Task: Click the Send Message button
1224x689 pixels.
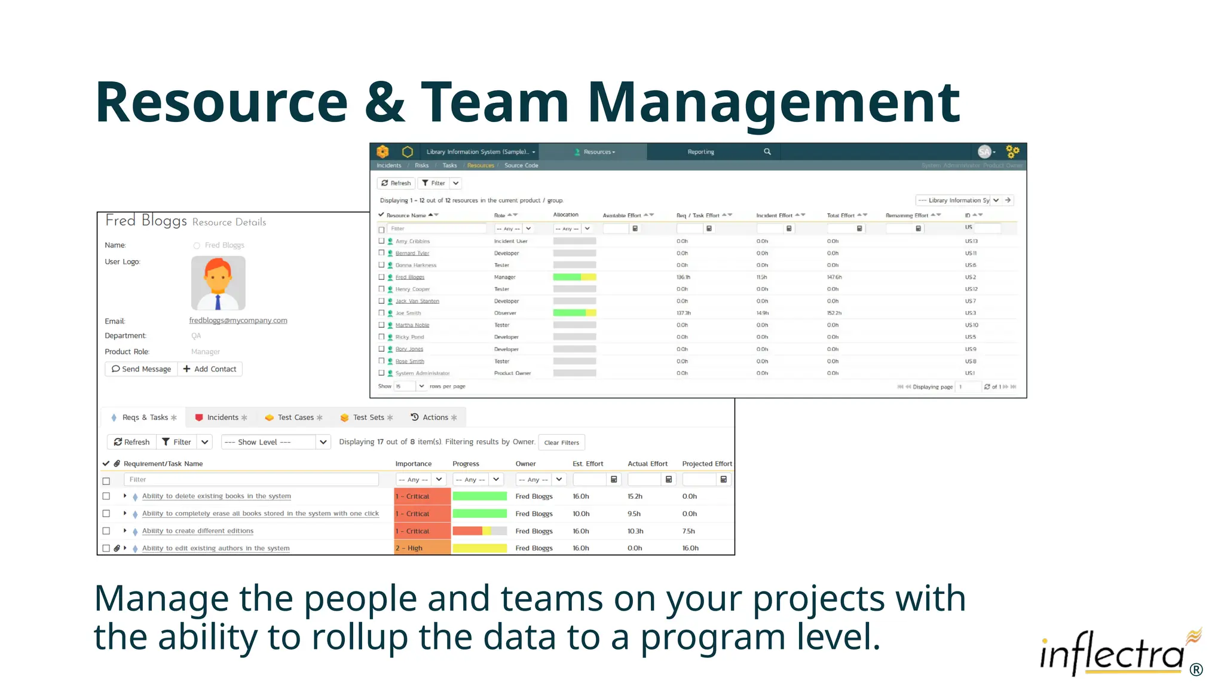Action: (141, 369)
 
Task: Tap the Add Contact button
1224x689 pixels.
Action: (210, 369)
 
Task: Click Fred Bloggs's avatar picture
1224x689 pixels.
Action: (218, 283)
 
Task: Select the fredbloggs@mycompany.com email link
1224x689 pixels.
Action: (238, 321)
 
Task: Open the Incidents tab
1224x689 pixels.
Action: (221, 417)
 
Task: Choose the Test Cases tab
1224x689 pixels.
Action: (294, 417)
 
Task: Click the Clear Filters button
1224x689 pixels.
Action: (561, 443)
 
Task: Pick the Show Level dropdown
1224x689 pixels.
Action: (276, 442)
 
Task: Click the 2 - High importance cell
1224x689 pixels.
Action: (422, 548)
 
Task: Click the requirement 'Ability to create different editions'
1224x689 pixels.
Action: (198, 531)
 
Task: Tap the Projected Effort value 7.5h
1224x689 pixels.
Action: (688, 531)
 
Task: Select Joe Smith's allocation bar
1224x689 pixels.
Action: (574, 313)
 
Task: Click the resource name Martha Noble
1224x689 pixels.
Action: (412, 325)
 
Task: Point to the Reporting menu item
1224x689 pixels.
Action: (700, 152)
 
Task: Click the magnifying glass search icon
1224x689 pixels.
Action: (767, 152)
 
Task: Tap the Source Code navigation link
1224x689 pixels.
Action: (521, 166)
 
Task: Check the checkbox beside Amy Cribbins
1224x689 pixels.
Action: (381, 242)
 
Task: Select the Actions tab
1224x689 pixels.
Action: (434, 417)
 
